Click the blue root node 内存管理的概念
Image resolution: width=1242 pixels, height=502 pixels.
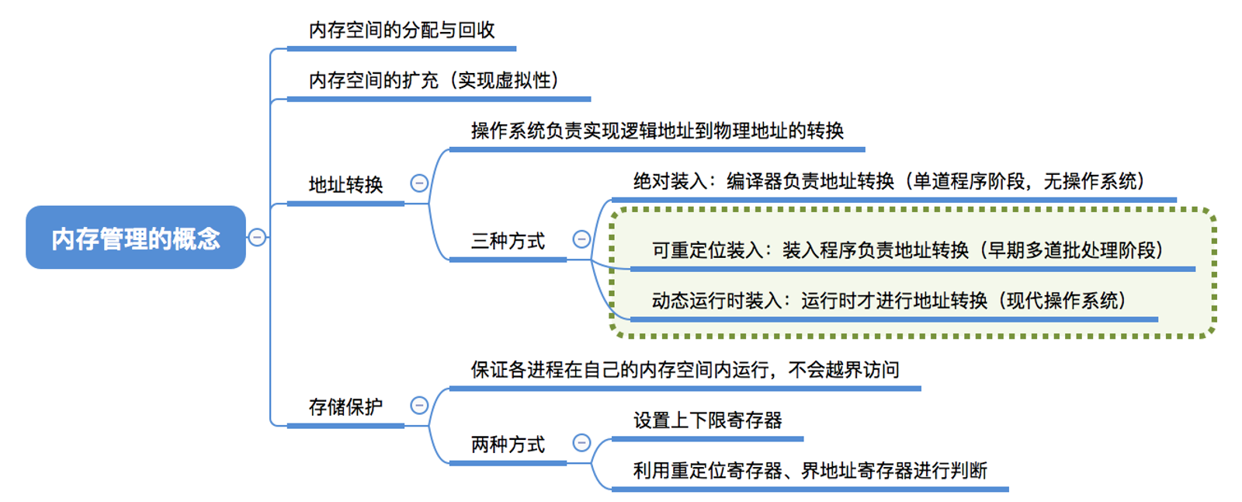tap(136, 238)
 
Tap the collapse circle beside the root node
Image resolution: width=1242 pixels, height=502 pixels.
tap(257, 237)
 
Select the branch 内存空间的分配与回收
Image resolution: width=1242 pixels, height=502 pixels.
tap(401, 30)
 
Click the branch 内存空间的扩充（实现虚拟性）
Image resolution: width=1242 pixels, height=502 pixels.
tap(434, 80)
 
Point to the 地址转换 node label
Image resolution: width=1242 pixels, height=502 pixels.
tap(345, 184)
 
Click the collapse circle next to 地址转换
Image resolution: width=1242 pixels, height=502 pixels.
tap(419, 183)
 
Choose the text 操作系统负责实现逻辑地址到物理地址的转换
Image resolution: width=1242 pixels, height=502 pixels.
tap(657, 131)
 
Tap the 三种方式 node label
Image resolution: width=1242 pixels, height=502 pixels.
tap(508, 241)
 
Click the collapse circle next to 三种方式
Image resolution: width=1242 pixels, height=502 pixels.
tap(581, 239)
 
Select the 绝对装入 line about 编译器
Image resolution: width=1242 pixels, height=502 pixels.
tap(889, 181)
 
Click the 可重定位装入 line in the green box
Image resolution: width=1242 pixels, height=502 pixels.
tap(907, 250)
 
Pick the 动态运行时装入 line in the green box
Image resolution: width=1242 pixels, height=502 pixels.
tap(889, 301)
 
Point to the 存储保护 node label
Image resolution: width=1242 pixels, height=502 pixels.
tap(345, 406)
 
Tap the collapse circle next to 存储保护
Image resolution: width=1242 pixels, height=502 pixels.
tap(419, 406)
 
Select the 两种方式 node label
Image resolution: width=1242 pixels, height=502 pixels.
tap(508, 444)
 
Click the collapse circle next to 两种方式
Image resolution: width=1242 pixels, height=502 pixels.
tap(581, 443)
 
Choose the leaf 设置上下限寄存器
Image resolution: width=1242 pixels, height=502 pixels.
tap(707, 420)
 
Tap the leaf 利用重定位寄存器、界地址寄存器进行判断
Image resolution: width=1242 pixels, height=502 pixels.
tap(810, 471)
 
